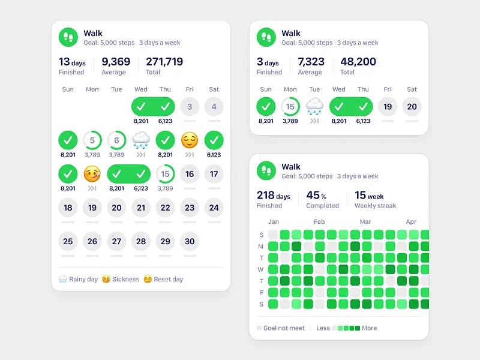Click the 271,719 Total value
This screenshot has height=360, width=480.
pyautogui.click(x=164, y=62)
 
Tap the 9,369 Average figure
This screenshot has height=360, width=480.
pyautogui.click(x=116, y=62)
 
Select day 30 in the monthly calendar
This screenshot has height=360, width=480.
pyautogui.click(x=190, y=241)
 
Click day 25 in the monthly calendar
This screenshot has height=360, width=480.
pyautogui.click(x=68, y=241)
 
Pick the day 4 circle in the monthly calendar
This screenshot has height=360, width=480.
pyautogui.click(x=214, y=107)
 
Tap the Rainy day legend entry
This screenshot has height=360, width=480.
pyautogui.click(x=79, y=279)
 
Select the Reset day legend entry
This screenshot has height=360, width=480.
pyautogui.click(x=164, y=279)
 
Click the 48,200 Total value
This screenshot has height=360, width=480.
pyautogui.click(x=358, y=62)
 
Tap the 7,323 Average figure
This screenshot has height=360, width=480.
pyautogui.click(x=311, y=62)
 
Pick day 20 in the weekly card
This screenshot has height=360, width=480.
pyautogui.click(x=412, y=107)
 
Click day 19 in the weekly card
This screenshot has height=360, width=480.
pyautogui.click(x=388, y=107)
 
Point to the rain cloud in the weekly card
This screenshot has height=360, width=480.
pyautogui.click(x=314, y=106)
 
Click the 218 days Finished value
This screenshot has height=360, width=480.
pyautogui.click(x=274, y=196)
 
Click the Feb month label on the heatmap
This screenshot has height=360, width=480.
pyautogui.click(x=319, y=222)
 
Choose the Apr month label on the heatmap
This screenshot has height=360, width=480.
pyautogui.click(x=411, y=222)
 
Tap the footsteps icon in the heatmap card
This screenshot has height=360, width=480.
pyautogui.click(x=266, y=171)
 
